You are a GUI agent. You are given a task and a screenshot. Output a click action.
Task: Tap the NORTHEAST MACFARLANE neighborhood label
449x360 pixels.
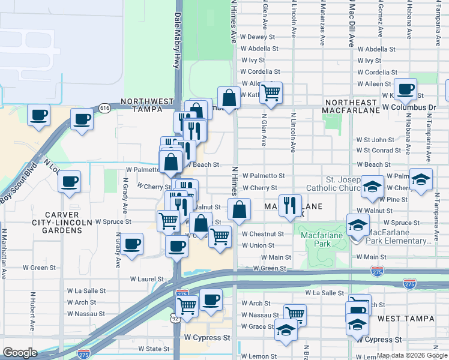point(351,105)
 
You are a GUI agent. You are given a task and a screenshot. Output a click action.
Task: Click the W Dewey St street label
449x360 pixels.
point(257,37)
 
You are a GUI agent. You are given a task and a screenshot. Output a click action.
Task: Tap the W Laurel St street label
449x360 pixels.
point(146,279)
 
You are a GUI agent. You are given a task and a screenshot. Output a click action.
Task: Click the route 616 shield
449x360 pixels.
point(105,108)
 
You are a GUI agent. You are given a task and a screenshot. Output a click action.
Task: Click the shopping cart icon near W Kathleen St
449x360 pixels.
point(271,92)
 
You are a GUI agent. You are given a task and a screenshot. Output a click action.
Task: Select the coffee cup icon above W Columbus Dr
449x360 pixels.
point(406,88)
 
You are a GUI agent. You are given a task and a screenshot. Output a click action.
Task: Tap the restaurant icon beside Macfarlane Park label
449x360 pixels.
point(291,205)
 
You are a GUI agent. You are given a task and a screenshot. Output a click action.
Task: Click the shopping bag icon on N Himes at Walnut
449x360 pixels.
point(239,209)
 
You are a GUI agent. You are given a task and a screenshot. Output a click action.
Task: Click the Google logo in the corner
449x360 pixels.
point(20,353)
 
